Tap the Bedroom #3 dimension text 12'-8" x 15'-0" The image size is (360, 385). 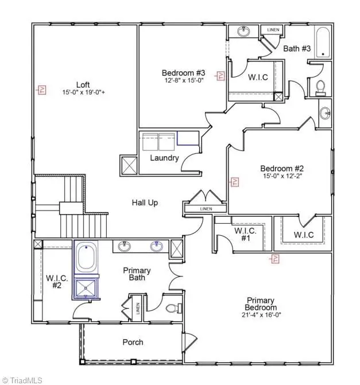pos(183,81)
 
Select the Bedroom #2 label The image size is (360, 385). pos(281,168)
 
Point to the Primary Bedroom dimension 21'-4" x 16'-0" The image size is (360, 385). pos(261,314)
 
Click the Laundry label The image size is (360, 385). pos(164,158)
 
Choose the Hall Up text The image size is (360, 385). pos(145,203)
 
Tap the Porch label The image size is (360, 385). pos(133,343)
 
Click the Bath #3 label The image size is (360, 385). pos(297,49)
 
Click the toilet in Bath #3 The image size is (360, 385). pos(320,87)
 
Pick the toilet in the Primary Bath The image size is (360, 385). pos(172,308)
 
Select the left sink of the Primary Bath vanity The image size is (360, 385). pos(123,247)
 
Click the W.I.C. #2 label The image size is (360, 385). pos(57,282)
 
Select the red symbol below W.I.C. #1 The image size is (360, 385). pos(276,259)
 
